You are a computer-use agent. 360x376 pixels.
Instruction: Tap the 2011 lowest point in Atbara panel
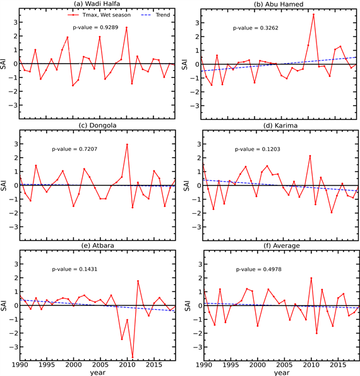tap(133, 357)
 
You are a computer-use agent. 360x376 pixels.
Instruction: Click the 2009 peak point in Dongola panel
tap(127, 144)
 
